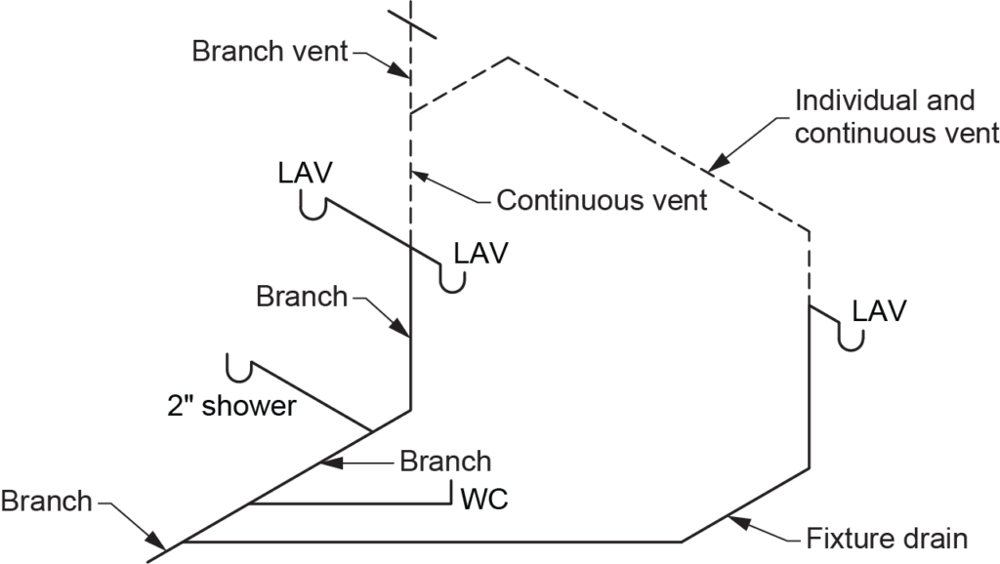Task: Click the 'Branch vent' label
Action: tap(270, 51)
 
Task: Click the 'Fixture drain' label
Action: tap(887, 538)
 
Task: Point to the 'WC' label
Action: tap(483, 501)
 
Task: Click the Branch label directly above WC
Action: tap(445, 461)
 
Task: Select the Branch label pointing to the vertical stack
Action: tap(302, 296)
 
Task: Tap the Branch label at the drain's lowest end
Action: tap(46, 502)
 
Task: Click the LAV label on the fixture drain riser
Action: tap(879, 311)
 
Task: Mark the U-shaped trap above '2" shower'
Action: tap(238, 368)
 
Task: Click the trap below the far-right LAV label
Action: tap(852, 338)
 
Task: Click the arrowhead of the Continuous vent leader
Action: tap(414, 175)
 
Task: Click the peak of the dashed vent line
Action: tap(508, 59)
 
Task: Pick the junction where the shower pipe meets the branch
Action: tap(371, 430)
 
